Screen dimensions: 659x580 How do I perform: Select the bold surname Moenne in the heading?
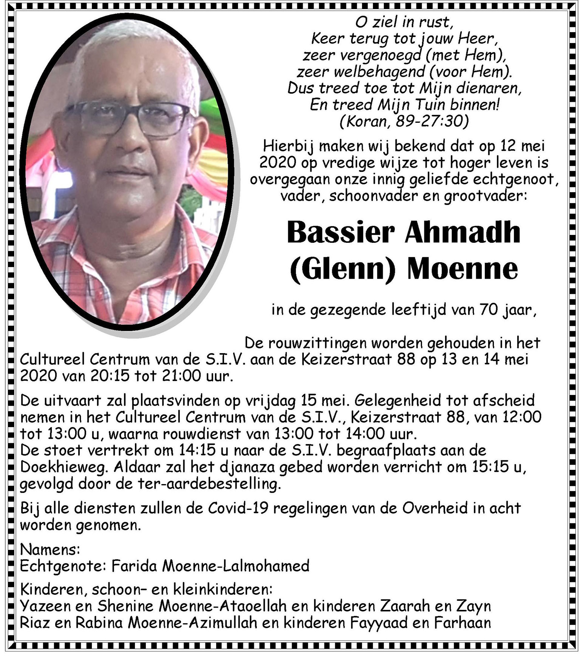462,269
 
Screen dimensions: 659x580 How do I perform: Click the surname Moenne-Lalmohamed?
235,566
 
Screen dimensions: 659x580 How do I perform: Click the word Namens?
49,549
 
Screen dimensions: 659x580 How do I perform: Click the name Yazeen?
45,606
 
